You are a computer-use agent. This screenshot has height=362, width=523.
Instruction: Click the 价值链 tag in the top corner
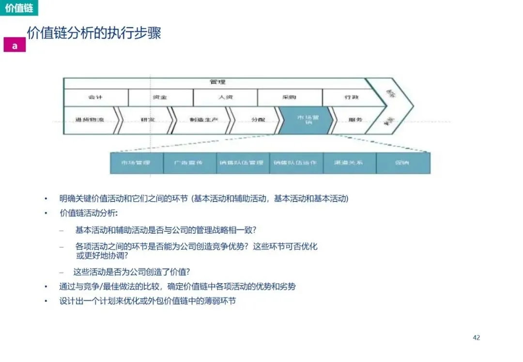(x=18, y=8)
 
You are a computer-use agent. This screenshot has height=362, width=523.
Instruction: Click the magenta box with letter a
(x=15, y=45)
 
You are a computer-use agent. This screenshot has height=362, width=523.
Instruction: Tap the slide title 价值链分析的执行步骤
(x=94, y=33)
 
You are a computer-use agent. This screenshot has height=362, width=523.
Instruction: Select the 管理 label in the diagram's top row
(x=217, y=82)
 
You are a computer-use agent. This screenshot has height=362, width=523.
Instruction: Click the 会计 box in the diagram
(x=95, y=98)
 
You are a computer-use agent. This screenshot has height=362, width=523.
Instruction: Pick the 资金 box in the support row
(x=160, y=98)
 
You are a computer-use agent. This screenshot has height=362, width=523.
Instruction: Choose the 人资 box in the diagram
(x=225, y=98)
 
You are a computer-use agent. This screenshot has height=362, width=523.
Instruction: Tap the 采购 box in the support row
(x=290, y=98)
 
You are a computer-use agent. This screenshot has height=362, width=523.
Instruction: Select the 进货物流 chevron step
(x=90, y=120)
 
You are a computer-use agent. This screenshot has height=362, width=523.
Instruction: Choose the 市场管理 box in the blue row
(x=136, y=163)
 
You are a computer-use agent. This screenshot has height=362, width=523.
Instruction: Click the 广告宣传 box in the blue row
(x=189, y=163)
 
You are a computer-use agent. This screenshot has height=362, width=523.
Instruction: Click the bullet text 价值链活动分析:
(x=89, y=213)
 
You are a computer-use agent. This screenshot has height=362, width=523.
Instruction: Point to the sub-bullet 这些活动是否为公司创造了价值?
(x=132, y=271)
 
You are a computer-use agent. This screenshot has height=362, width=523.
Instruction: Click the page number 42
(x=476, y=337)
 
